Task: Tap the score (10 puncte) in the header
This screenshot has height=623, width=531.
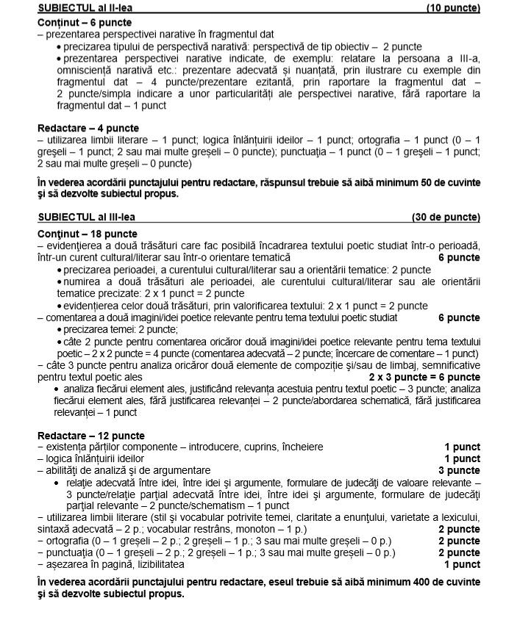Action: (453, 8)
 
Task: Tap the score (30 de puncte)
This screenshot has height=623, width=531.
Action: (446, 217)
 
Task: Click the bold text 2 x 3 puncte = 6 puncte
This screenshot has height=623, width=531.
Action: (424, 377)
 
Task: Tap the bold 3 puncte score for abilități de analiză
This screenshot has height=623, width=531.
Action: (459, 470)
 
